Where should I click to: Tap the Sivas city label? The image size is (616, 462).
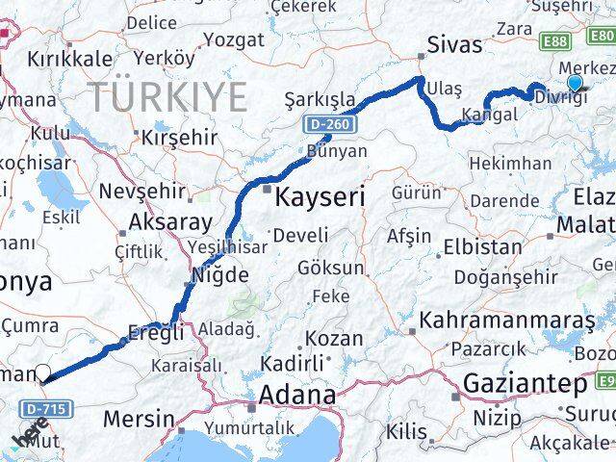tap(454, 44)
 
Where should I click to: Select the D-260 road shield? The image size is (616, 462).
tap(329, 125)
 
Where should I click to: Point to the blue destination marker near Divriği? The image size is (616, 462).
tap(576, 83)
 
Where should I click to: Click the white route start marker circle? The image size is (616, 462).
tap(42, 374)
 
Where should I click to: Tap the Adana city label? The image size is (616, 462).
tap(297, 396)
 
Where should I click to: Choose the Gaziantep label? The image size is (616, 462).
tap(525, 384)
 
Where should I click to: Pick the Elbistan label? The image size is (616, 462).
tap(482, 245)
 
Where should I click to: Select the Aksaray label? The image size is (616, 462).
tap(169, 222)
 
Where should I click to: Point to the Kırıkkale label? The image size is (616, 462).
tap(69, 58)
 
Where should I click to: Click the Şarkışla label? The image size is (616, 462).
tap(319, 100)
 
